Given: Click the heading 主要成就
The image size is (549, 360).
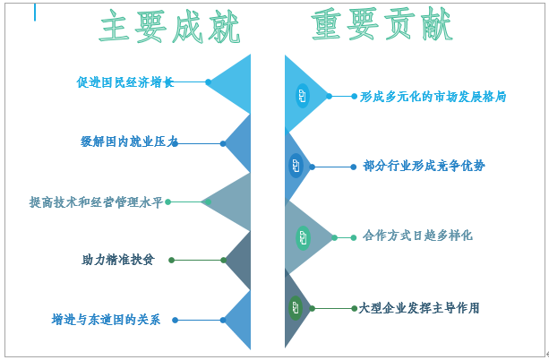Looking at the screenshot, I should pos(170,28).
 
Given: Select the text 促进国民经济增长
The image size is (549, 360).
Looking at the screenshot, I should pos(124,82).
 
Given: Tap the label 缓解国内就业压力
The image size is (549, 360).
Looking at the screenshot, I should pos(130,141).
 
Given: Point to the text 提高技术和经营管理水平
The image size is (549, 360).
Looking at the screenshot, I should pos(97,202).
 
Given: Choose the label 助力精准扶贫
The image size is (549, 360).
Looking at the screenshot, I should pos(117,260).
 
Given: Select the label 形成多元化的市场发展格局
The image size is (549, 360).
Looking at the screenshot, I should pos(433,96).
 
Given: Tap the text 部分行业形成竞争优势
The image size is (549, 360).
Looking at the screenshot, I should pos(425,166).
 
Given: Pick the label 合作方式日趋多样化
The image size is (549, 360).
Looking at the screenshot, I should pos(417,236).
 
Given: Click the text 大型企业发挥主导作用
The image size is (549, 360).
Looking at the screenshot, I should pos(418,308).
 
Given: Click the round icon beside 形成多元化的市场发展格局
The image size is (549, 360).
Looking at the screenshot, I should pos(302,96).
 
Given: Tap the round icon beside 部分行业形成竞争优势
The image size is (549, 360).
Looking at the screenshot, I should pos(296,166).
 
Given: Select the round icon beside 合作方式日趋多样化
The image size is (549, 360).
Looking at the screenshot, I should pos(303,237).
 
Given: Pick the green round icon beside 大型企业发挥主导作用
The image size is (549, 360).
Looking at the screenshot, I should pos(296,308).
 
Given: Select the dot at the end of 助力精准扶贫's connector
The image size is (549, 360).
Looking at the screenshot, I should pos(171,260).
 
